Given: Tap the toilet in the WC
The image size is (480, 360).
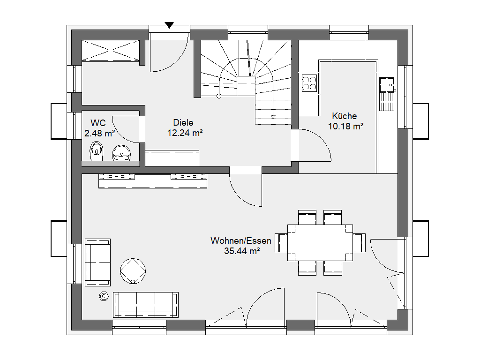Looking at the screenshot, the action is click(97, 151).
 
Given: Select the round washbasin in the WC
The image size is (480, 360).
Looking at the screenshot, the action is click(121, 153).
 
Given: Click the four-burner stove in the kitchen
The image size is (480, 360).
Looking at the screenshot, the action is click(309, 83).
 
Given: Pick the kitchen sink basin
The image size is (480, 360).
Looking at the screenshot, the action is click(387, 85).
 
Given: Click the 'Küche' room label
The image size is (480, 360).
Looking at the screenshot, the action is click(345, 116).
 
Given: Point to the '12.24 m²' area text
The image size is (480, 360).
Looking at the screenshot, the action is click(185, 133).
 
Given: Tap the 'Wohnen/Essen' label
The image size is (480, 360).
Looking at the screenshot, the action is click(241, 240).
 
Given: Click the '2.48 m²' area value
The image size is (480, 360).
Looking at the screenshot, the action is click(100, 134).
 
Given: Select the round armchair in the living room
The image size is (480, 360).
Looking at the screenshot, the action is click(133, 271).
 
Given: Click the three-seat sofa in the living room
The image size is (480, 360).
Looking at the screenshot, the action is click(146, 305).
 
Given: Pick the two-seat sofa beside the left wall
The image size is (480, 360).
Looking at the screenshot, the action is click(97, 262).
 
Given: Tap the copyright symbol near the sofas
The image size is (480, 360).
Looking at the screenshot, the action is click(104, 296).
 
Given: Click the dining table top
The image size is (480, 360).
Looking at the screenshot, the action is click(320, 243).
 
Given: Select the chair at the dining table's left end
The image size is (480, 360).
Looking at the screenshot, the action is click(281, 243).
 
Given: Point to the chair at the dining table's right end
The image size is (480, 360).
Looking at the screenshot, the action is click(359, 243).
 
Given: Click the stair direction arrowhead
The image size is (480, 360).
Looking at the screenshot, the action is click(273, 117).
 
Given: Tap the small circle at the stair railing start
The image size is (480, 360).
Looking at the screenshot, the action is click(219, 96).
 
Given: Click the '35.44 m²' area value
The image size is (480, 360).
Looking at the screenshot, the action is click(242, 251).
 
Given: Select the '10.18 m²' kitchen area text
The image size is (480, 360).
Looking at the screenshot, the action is click(346, 126).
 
